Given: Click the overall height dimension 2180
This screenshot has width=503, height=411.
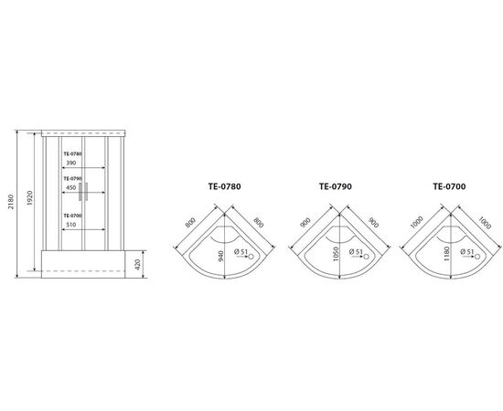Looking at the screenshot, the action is click(12, 202).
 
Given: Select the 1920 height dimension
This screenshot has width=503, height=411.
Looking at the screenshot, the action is click(30, 198).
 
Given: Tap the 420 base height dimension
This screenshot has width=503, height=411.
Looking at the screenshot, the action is click(138, 264).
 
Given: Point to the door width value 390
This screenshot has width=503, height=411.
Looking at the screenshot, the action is click(71, 163).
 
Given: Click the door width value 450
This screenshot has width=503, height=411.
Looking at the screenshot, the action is click(71, 187).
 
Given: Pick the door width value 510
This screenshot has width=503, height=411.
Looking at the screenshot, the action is click(71, 225).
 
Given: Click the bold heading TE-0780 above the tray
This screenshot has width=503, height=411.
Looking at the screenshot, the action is click(225, 186).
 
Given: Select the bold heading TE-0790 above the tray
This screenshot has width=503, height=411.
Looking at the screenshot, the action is click(336, 186).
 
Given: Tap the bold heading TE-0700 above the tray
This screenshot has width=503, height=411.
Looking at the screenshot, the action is click(449, 186).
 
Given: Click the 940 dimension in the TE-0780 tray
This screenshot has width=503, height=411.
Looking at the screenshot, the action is click(221, 256).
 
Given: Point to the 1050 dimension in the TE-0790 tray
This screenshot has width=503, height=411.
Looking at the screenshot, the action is click(336, 254).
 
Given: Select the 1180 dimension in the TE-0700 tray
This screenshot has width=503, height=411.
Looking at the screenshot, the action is click(447, 254).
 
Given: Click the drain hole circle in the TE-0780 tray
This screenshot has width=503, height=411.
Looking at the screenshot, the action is click(251, 257).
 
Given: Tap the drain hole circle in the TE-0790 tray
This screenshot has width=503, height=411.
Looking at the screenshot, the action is click(366, 257).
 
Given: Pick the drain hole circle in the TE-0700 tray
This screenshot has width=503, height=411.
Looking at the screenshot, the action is click(477, 257).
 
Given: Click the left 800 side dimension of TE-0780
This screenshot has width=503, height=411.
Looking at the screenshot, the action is click(190, 222).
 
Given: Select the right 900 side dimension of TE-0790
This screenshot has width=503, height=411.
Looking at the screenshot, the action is click(373, 222).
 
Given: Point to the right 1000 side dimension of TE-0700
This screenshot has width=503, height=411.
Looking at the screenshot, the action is click(485, 223).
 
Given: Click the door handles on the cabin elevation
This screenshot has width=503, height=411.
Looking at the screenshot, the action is click(83, 192).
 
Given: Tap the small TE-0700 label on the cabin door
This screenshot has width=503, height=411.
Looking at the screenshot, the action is click(72, 216).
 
